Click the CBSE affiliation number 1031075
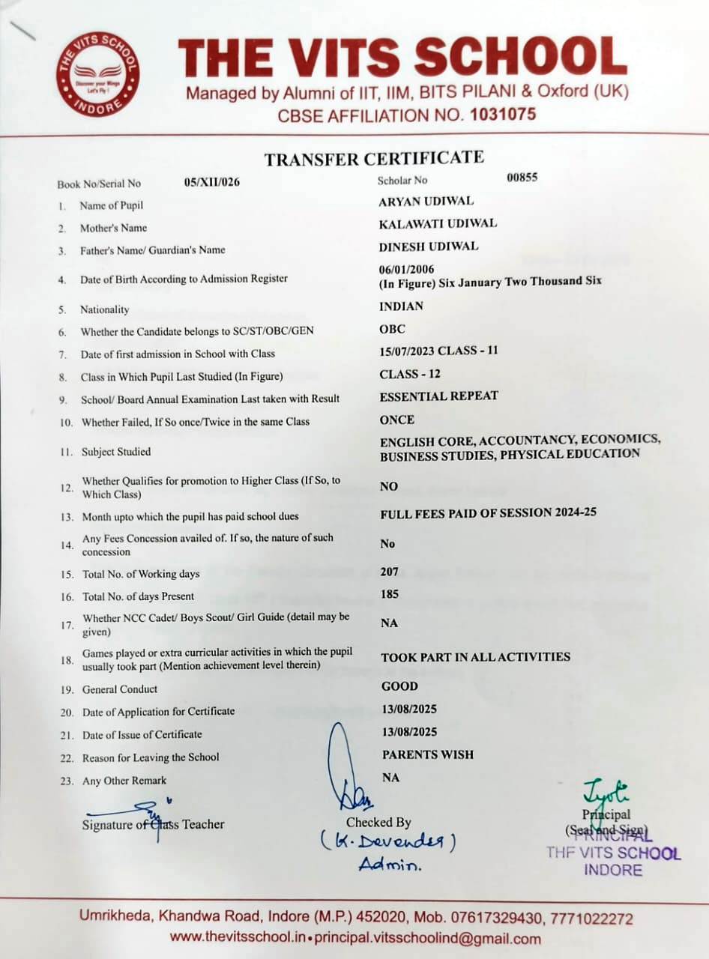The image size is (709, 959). pos(502,115)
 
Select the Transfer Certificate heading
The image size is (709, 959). pos(373,158)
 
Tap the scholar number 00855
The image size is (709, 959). pos(522,178)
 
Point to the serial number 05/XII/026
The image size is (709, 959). pos(212,181)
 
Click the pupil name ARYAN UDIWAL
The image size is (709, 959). pos(426,201)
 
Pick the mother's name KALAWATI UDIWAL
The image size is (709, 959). pos(438,223)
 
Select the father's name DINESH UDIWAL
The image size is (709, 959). pos(429,246)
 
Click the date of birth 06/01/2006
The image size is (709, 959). pos(407,269)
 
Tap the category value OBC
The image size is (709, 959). pos(393,329)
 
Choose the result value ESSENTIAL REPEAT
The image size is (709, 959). pos(438,396)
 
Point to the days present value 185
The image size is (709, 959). pos(390,594)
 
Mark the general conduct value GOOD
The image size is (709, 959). pos(399,686)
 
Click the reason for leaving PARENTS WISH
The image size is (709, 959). pos(427,754)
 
